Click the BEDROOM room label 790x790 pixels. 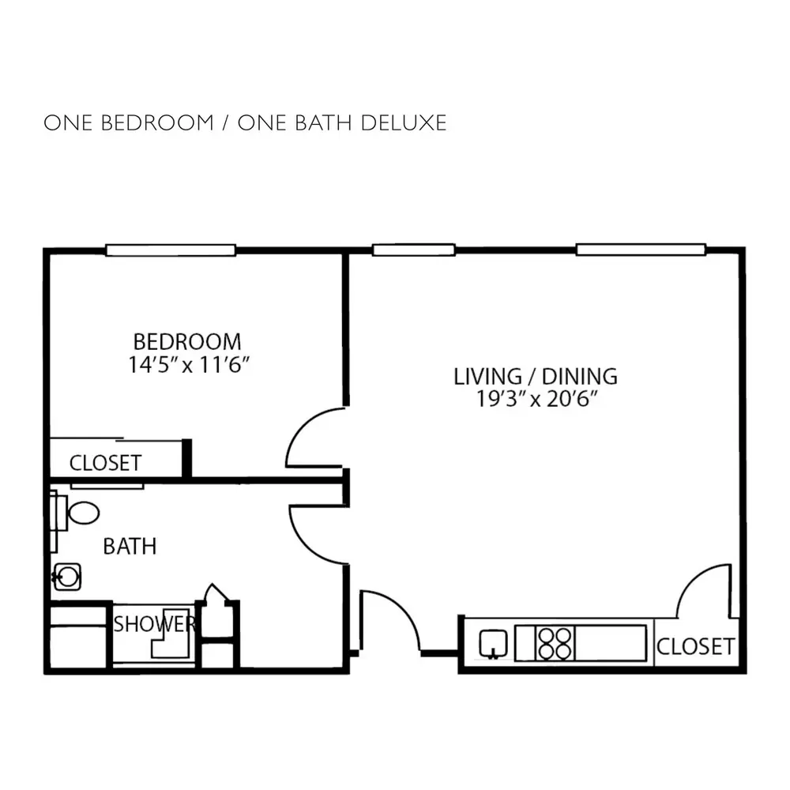[187, 342]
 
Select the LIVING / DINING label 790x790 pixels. [536, 377]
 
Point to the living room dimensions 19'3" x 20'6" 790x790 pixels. [537, 399]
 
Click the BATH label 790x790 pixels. [130, 547]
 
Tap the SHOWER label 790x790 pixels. [154, 624]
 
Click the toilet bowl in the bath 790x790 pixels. [84, 513]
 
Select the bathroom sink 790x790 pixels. [67, 577]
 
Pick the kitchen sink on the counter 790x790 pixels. [493, 643]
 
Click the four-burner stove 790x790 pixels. [555, 643]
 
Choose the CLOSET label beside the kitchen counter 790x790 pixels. [695, 647]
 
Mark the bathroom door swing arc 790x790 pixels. [304, 544]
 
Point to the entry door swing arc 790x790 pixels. [401, 608]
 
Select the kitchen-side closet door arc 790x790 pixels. [690, 579]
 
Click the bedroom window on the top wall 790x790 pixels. [171, 250]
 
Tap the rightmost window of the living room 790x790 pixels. [641, 250]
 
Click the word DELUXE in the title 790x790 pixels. [404, 123]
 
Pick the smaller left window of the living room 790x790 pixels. [414, 250]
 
